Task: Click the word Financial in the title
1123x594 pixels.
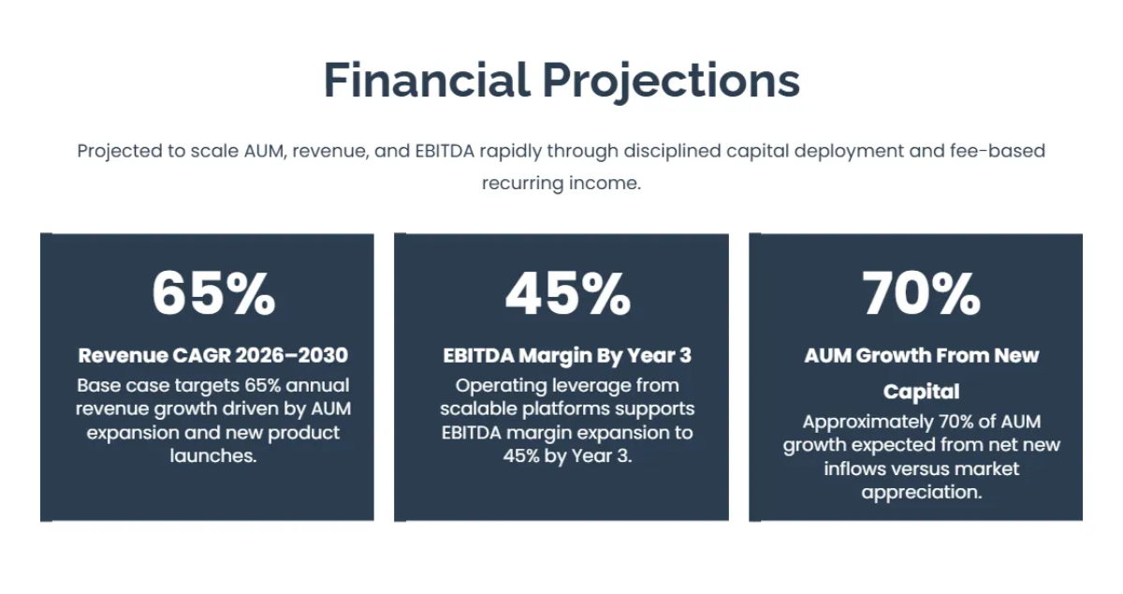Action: click(426, 81)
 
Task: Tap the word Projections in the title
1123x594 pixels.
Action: click(671, 81)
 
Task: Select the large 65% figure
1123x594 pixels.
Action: click(213, 293)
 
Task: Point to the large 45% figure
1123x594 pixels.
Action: click(567, 293)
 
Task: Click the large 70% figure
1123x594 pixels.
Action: click(921, 293)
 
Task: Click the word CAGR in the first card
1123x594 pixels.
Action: click(202, 356)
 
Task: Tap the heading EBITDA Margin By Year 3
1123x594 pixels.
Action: click(567, 356)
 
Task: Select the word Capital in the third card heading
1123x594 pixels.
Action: click(921, 391)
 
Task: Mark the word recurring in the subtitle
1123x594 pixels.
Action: click(522, 183)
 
